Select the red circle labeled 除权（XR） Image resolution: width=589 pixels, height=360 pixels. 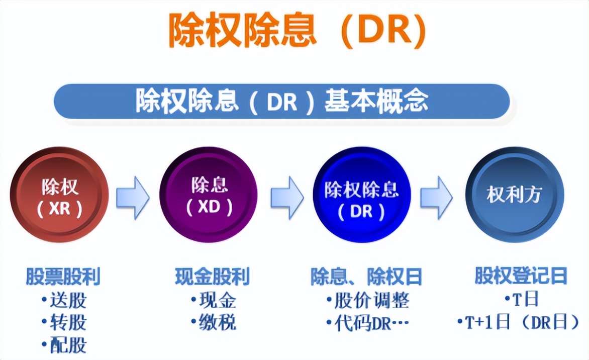point(60,195)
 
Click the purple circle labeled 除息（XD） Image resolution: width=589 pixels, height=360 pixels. point(209,195)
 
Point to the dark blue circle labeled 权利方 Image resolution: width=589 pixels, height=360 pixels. point(514,195)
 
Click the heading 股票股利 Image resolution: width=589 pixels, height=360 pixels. point(63,277)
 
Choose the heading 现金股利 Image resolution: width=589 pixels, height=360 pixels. point(212,277)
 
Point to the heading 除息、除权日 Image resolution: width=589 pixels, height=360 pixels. point(366,277)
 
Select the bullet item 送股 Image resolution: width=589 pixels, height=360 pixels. point(67,300)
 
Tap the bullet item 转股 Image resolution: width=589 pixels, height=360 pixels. point(67,322)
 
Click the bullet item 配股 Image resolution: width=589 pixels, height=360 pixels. point(67,345)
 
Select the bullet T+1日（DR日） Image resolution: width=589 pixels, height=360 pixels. point(521,322)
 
